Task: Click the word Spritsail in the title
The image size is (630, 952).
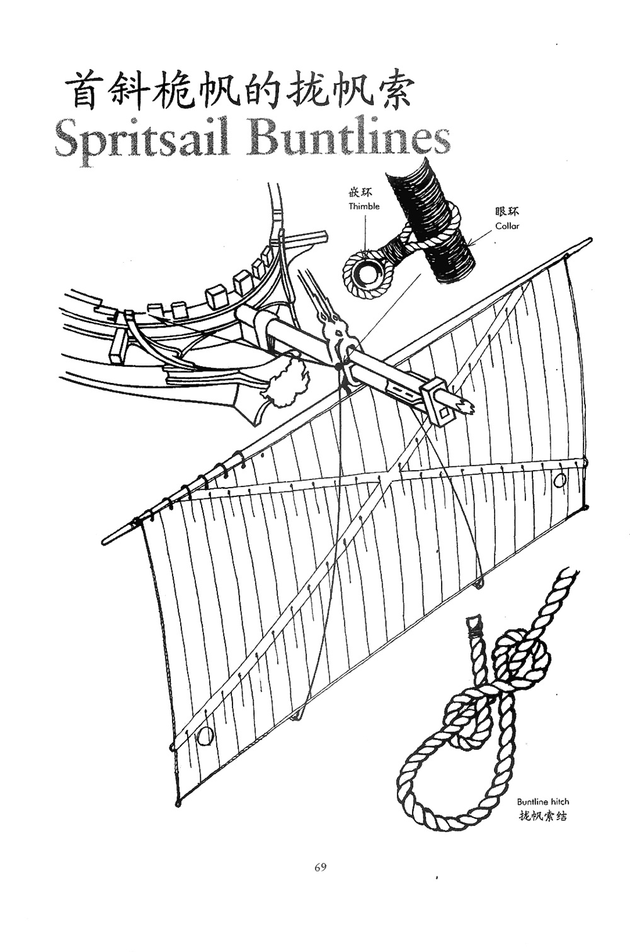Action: coord(142,140)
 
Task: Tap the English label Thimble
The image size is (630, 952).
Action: coord(364,207)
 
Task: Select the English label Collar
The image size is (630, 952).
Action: coord(507,226)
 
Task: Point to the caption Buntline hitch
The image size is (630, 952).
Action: coord(542,802)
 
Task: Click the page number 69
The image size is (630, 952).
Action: coord(320,868)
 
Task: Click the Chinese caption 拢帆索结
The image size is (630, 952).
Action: coord(542,816)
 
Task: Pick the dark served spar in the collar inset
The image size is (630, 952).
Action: coord(435,221)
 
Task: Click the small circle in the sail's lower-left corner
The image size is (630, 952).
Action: coord(204,735)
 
